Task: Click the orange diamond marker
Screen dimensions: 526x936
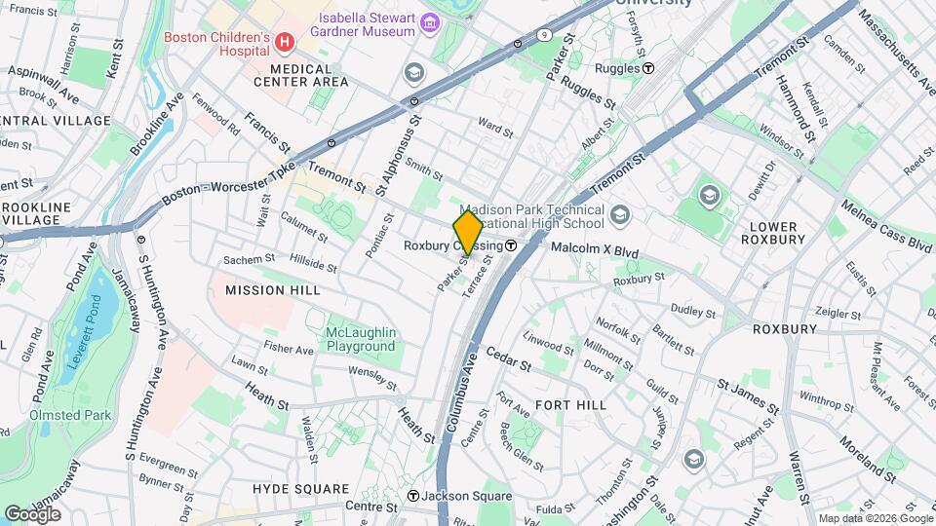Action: pyautogui.click(x=468, y=233)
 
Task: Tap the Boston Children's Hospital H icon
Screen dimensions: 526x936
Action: pyautogui.click(x=285, y=41)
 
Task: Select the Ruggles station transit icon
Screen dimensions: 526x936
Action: pyautogui.click(x=648, y=68)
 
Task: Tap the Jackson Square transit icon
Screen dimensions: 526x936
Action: pyautogui.click(x=413, y=496)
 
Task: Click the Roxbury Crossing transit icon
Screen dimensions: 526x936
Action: pyautogui.click(x=511, y=245)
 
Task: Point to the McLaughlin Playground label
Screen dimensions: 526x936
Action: pyautogui.click(x=361, y=339)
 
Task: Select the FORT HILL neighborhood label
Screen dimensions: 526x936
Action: pyautogui.click(x=570, y=404)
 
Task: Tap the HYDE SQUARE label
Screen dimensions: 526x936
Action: pyautogui.click(x=300, y=488)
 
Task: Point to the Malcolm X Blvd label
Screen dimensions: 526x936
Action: pyautogui.click(x=595, y=251)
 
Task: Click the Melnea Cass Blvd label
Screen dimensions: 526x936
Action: pyautogui.click(x=886, y=226)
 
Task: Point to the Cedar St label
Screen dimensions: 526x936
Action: pyautogui.click(x=507, y=360)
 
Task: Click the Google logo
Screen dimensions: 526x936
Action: pyautogui.click(x=32, y=513)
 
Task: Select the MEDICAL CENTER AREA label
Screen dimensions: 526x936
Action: pyautogui.click(x=309, y=76)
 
